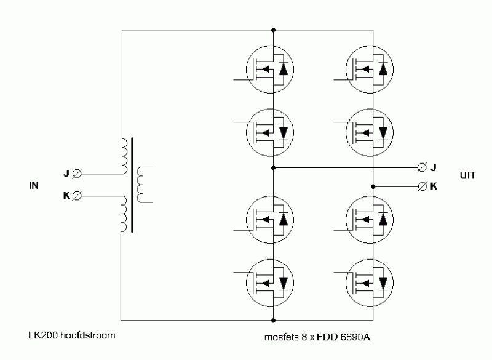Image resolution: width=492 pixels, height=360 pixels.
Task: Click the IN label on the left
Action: pos(34,185)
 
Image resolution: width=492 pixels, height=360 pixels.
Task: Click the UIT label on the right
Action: pos(467,175)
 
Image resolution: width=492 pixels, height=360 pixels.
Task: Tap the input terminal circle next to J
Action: pos(76,174)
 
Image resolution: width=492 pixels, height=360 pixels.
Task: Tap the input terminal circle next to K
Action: pos(76,196)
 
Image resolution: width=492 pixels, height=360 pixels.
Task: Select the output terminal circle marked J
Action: pos(422,167)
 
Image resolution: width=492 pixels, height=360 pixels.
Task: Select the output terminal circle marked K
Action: pos(423,186)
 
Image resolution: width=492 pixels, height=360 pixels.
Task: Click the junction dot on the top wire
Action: pos(273,30)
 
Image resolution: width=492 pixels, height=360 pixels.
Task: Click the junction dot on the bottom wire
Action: pos(273,321)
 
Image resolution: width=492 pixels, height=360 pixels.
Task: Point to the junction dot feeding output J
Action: pos(273,168)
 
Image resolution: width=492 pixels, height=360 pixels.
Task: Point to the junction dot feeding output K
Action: pos(373,186)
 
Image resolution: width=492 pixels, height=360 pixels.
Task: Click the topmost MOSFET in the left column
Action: pos(270,70)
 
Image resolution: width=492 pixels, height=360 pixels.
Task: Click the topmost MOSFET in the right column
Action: pos(370,70)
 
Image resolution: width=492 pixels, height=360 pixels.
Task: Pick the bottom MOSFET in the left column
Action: pos(270,283)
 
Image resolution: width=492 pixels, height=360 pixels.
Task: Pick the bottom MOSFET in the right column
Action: pos(370,283)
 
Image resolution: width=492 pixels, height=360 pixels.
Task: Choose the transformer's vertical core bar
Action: pos(132,185)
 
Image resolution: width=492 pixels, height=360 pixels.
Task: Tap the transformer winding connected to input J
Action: pos(125,156)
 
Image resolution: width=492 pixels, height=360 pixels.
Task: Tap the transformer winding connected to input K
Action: pos(124,214)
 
